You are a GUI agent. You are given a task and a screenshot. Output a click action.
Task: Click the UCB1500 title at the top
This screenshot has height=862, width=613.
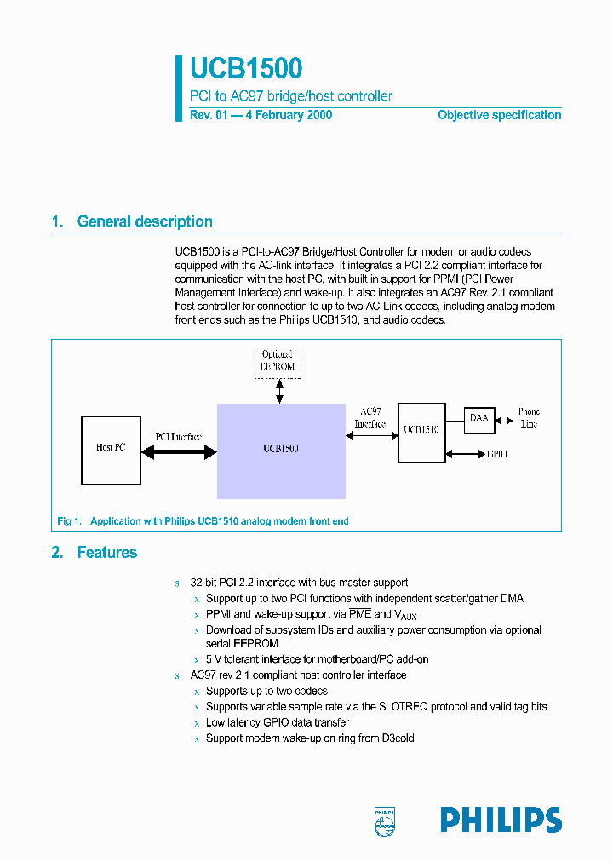tap(246, 69)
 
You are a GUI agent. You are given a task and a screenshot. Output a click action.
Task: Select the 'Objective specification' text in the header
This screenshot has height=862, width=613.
tap(499, 115)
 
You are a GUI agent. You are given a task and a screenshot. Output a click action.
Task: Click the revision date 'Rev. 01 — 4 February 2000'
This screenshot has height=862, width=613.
tap(261, 115)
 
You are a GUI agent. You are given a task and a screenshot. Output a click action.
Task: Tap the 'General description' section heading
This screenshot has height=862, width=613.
tap(145, 221)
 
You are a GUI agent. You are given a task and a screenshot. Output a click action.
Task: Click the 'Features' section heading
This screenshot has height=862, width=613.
tap(106, 553)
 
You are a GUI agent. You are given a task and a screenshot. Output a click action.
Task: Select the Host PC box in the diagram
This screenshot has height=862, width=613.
tap(111, 447)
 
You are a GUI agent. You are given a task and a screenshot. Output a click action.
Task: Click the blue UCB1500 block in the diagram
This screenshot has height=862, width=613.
tap(281, 450)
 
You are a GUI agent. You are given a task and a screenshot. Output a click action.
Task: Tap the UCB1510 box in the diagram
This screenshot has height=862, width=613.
tap(421, 432)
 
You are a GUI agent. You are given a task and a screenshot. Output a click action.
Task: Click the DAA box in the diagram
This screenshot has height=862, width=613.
tap(479, 418)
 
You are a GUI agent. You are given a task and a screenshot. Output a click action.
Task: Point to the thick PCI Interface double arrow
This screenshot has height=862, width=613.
tap(179, 453)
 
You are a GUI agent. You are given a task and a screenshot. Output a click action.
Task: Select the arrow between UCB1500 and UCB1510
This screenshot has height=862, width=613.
tap(372, 436)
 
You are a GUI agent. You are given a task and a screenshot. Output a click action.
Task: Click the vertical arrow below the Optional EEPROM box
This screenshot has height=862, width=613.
tap(278, 391)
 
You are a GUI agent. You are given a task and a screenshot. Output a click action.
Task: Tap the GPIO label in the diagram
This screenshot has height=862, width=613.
tap(497, 455)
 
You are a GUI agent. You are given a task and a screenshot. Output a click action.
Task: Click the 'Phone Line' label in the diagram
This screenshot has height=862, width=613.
tap(529, 417)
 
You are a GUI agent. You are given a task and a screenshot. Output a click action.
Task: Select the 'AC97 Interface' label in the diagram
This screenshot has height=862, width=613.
tap(370, 417)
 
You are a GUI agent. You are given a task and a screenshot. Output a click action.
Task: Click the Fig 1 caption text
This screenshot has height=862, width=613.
tap(203, 521)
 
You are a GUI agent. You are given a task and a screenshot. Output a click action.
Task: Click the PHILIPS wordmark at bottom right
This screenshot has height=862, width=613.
tap(501, 820)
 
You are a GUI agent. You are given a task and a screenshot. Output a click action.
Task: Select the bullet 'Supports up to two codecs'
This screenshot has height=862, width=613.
tap(266, 691)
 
